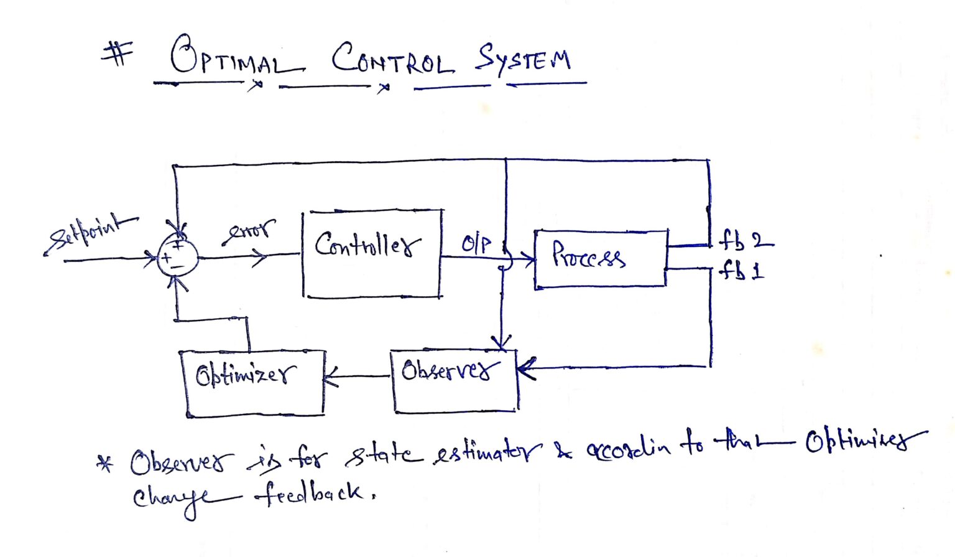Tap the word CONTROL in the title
pyautogui.click(x=392, y=60)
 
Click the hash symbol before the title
pyautogui.click(x=117, y=54)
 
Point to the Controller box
pyautogui.click(x=372, y=253)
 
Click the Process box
pyautogui.click(x=601, y=258)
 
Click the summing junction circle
pyautogui.click(x=177, y=256)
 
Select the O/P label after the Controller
pyautogui.click(x=476, y=243)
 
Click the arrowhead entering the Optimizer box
pyautogui.click(x=330, y=377)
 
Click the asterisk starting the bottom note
pyautogui.click(x=106, y=464)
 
